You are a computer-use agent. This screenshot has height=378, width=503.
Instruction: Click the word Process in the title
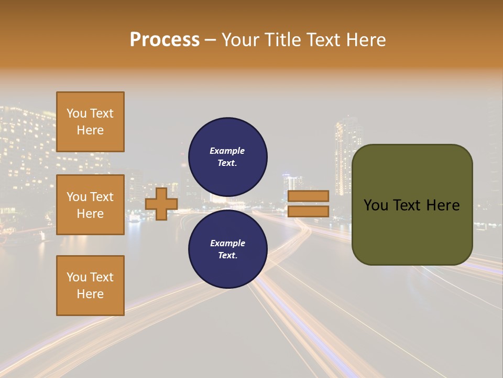pos(165,40)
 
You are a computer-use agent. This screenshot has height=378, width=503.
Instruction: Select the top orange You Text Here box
pos(90,122)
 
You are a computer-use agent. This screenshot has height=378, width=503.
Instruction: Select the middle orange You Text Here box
pos(90,205)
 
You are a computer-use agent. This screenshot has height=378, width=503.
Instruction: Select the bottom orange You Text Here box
pos(90,286)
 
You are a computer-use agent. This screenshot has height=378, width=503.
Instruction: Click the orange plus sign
pos(161,204)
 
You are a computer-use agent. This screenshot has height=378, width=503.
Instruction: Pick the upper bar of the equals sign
pos(308,196)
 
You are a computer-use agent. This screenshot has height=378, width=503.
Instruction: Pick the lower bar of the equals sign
pos(308,212)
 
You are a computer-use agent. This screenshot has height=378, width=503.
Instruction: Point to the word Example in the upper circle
pos(227,151)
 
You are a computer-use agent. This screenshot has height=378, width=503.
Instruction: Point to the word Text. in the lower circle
pos(227,256)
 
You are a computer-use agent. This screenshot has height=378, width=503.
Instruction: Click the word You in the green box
pos(375,205)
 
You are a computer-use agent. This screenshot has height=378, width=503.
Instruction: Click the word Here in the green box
pos(443,205)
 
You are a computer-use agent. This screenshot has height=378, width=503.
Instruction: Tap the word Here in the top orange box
pos(90,130)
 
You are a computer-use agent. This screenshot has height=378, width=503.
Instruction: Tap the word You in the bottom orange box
pos(76,277)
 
